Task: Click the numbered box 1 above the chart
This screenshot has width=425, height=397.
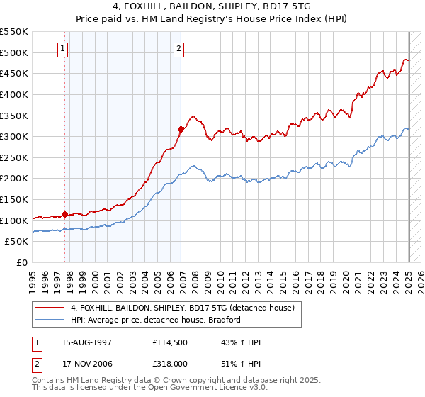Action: pyautogui.click(x=63, y=49)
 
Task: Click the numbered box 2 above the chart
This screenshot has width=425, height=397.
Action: pyautogui.click(x=178, y=49)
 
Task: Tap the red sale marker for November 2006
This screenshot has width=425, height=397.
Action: pyautogui.click(x=181, y=129)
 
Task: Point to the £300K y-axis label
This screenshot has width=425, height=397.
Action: pyautogui.click(x=14, y=136)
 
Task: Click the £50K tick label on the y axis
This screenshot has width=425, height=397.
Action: pyautogui.click(x=17, y=242)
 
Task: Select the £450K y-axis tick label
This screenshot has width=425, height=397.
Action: pyautogui.click(x=14, y=73)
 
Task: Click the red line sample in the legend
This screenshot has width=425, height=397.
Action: pyautogui.click(x=51, y=307)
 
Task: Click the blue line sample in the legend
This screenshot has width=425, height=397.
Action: pyautogui.click(x=51, y=320)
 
